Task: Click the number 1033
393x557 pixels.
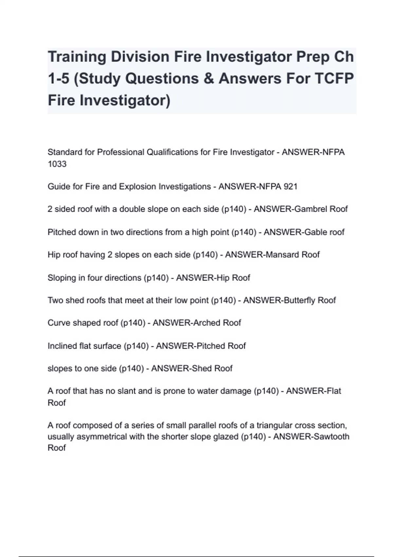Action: point(57,164)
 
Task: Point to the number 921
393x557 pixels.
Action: point(290,187)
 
